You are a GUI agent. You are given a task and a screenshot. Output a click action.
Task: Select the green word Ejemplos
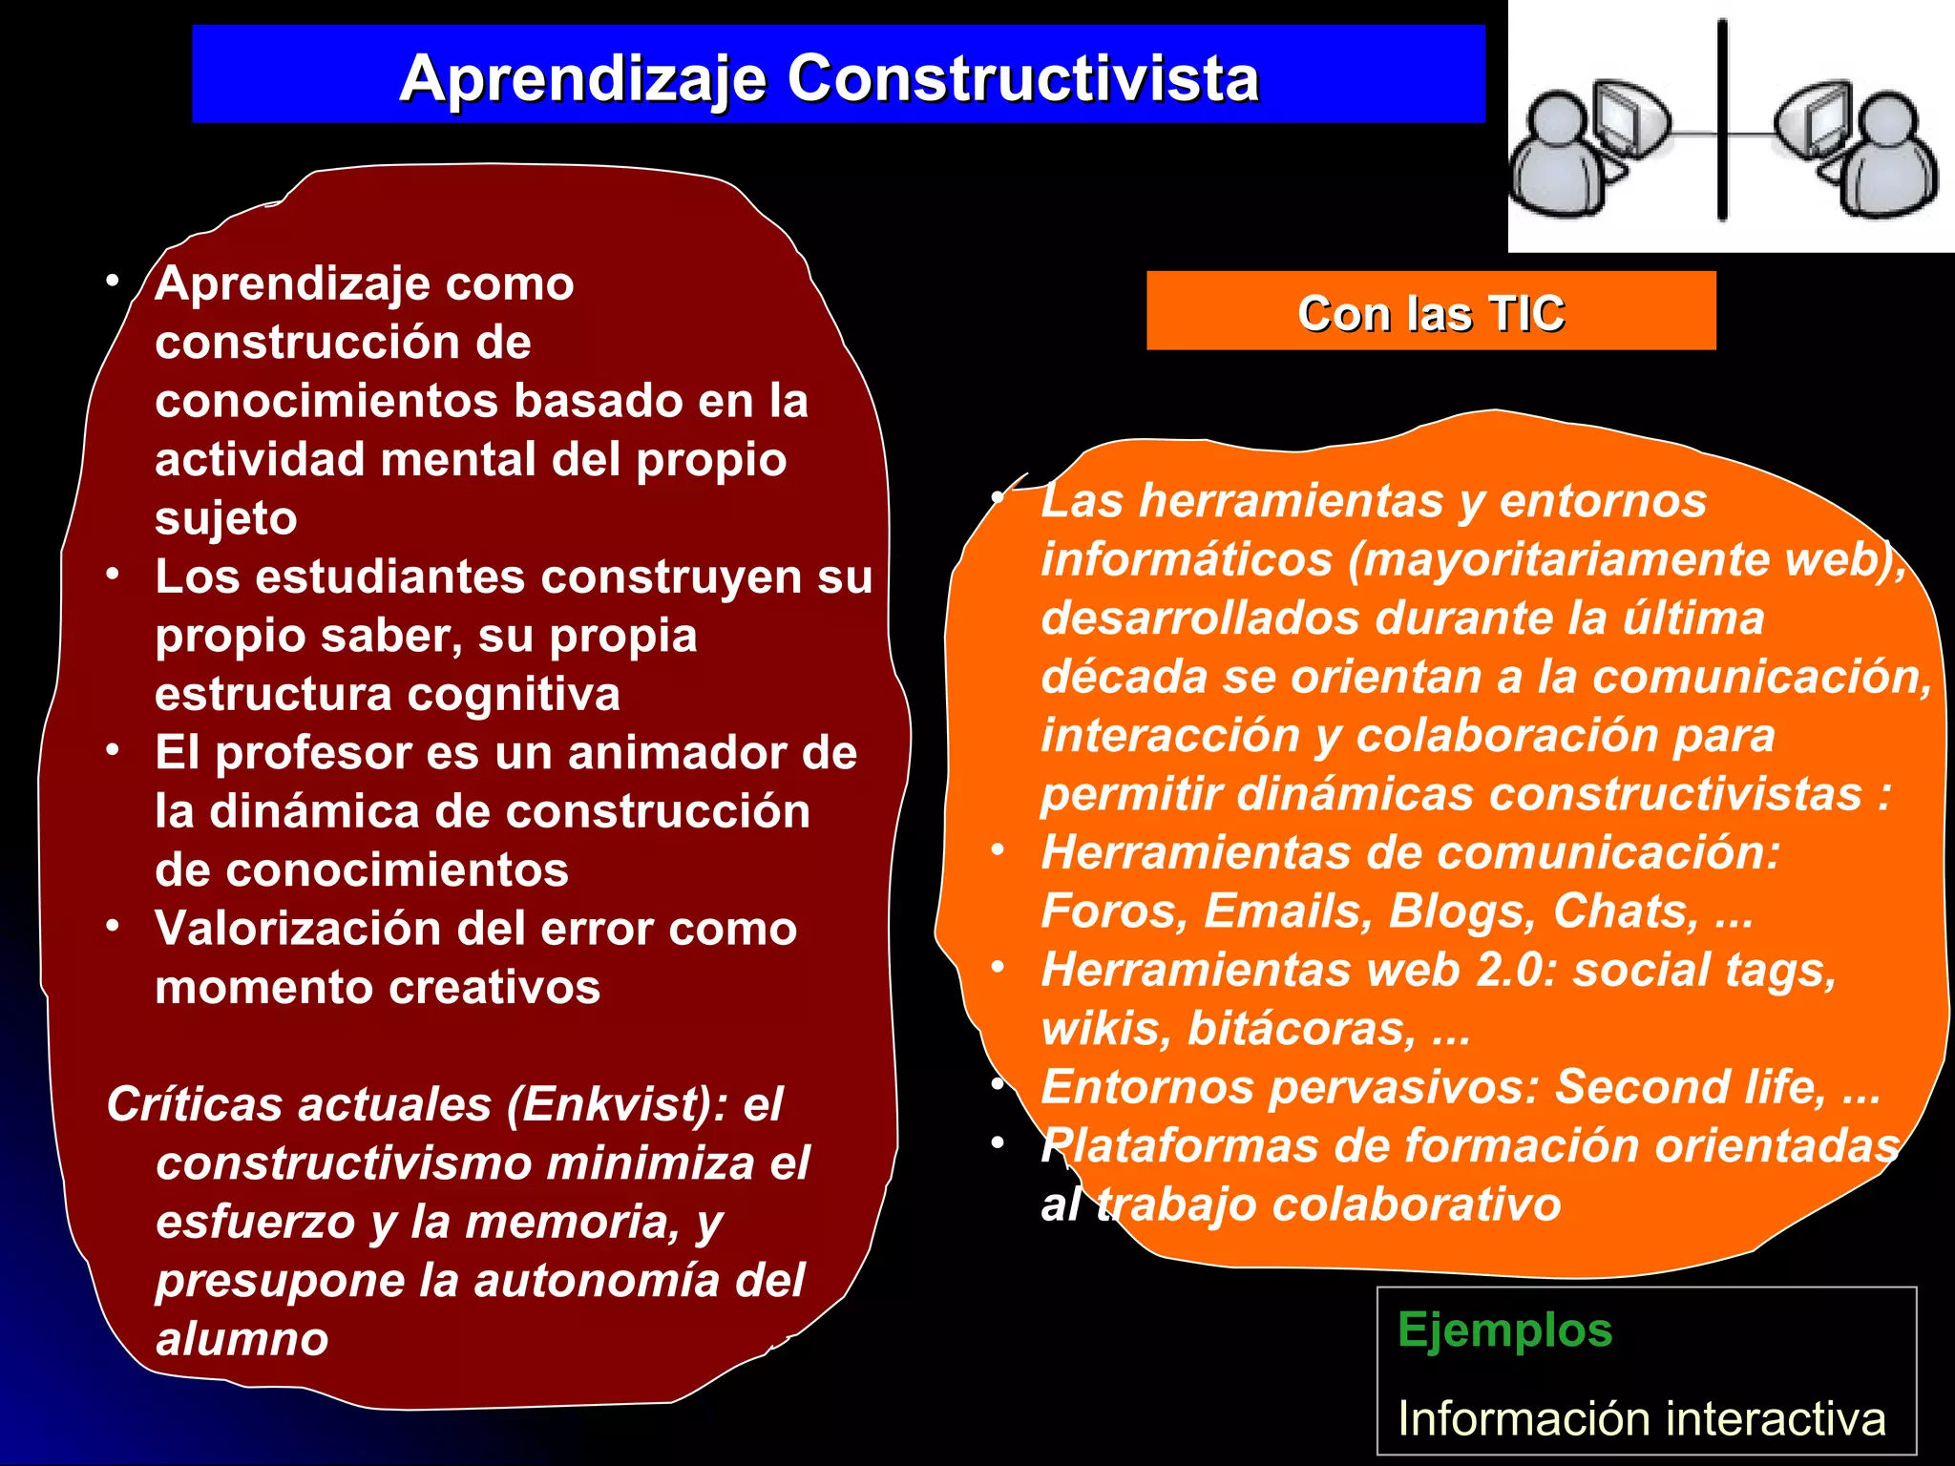(1504, 1330)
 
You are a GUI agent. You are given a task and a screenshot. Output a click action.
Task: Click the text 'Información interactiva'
(1641, 1418)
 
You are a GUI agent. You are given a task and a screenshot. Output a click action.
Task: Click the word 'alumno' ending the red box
(242, 1339)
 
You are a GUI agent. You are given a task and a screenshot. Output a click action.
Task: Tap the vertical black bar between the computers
(1722, 119)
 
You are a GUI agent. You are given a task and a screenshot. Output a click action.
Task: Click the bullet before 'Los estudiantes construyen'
(113, 575)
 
